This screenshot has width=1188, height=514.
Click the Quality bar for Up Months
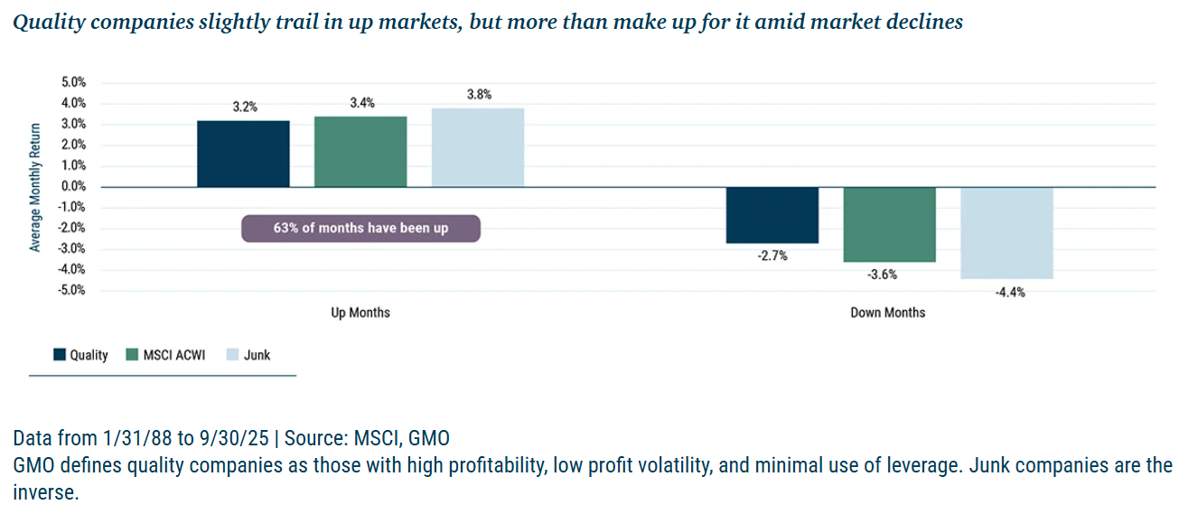tap(243, 154)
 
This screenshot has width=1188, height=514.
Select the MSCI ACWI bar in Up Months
tap(360, 152)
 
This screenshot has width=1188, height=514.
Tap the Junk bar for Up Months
tap(478, 147)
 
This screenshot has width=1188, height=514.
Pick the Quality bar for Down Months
tap(772, 215)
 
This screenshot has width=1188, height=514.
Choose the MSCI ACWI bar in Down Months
tap(890, 224)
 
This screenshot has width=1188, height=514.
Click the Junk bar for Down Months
tap(1006, 232)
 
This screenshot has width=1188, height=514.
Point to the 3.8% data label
tap(479, 94)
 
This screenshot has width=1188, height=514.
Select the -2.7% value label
tap(772, 257)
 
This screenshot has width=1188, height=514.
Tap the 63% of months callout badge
tap(360, 228)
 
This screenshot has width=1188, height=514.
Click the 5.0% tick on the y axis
tap(74, 82)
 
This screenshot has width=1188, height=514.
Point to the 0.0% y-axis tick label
tap(74, 186)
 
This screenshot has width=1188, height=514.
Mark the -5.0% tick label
tap(72, 290)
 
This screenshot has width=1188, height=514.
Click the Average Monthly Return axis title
tap(35, 186)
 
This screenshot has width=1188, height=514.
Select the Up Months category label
tap(360, 313)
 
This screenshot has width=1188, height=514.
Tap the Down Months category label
tap(888, 313)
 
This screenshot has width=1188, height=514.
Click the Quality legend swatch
tap(60, 355)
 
